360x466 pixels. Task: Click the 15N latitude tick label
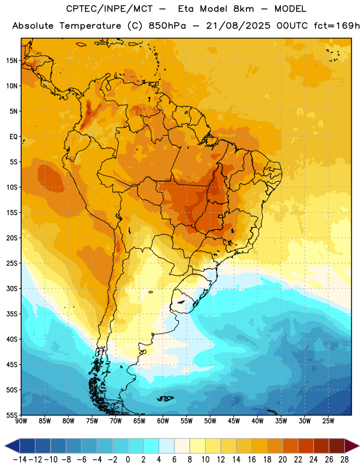click(x=12, y=61)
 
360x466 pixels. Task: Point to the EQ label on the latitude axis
click(x=13, y=137)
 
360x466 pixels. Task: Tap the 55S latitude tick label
click(x=12, y=415)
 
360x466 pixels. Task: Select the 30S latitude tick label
click(x=12, y=288)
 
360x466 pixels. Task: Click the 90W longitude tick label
click(x=21, y=421)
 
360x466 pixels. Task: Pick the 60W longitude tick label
click(x=163, y=421)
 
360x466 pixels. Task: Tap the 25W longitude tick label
click(x=328, y=421)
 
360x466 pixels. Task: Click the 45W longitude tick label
click(x=234, y=421)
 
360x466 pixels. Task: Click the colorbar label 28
click(x=344, y=460)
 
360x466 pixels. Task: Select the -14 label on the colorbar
click(x=20, y=460)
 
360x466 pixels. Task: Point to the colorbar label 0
click(x=128, y=460)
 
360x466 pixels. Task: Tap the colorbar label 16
click(x=252, y=460)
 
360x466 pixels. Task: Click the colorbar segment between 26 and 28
click(x=337, y=446)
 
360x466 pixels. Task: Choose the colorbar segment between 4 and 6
click(x=167, y=446)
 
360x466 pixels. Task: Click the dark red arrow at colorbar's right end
click(x=352, y=446)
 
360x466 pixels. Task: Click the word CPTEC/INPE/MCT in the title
click(x=110, y=9)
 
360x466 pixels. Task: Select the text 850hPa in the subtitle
click(x=167, y=26)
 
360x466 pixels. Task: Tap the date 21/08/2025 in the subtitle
click(x=238, y=26)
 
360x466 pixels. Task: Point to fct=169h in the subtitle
click(x=337, y=26)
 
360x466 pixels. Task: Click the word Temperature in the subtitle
click(x=90, y=26)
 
